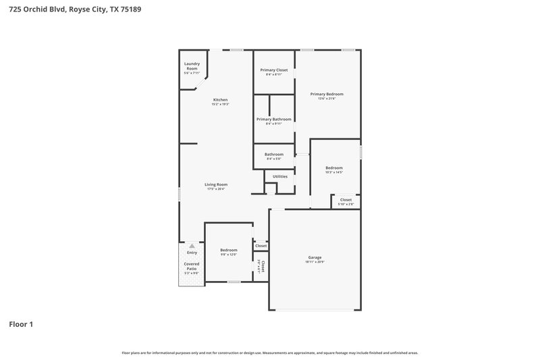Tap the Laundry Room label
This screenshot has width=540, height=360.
pos(192,66)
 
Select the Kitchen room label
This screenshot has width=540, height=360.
pos(221,100)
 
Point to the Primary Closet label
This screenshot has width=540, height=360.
pos(274,70)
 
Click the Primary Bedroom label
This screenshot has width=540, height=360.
pos(327,94)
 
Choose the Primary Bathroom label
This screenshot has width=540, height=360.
pos(273,120)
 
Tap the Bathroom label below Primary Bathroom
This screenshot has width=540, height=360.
pos(273,154)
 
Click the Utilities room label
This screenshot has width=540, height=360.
pos(280,176)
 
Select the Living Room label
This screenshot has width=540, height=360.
pos(216,184)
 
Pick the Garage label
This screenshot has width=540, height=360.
pos(315,257)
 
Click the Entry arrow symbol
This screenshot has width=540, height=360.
pos(192,246)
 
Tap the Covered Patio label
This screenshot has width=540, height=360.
pos(192,266)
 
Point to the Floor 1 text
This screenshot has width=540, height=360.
pos(21,324)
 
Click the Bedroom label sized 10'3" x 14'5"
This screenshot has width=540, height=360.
pos(334,168)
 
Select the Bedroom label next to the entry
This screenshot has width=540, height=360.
pos(229,250)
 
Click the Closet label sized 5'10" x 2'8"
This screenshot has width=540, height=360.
pos(346,200)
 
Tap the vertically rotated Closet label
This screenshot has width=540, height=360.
pos(263,266)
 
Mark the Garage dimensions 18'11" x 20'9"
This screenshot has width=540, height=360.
pos(315,262)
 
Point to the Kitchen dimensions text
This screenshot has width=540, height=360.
pos(221,105)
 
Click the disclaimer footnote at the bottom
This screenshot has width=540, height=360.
pos(270,353)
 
